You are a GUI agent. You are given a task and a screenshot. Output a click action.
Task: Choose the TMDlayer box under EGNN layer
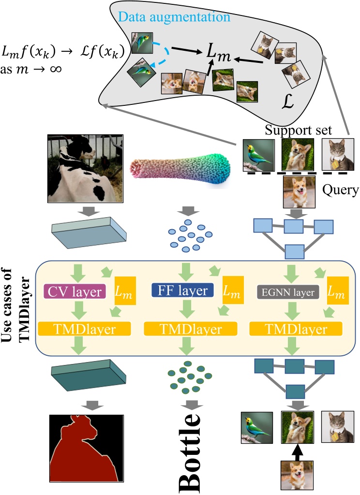click(296, 330)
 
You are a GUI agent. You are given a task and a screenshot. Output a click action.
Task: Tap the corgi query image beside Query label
click(297, 191)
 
